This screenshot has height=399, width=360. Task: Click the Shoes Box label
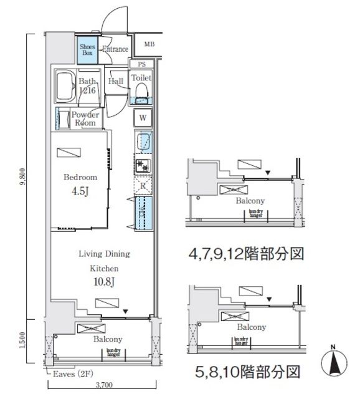tap(87, 49)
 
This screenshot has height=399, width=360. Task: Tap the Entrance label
tap(115, 49)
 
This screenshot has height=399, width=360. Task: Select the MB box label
tap(149, 44)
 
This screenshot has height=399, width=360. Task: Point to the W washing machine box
tap(143, 118)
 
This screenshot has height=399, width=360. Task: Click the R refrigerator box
tap(143, 186)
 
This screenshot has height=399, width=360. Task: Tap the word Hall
tap(115, 81)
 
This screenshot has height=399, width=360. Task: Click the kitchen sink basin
tap(143, 141)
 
